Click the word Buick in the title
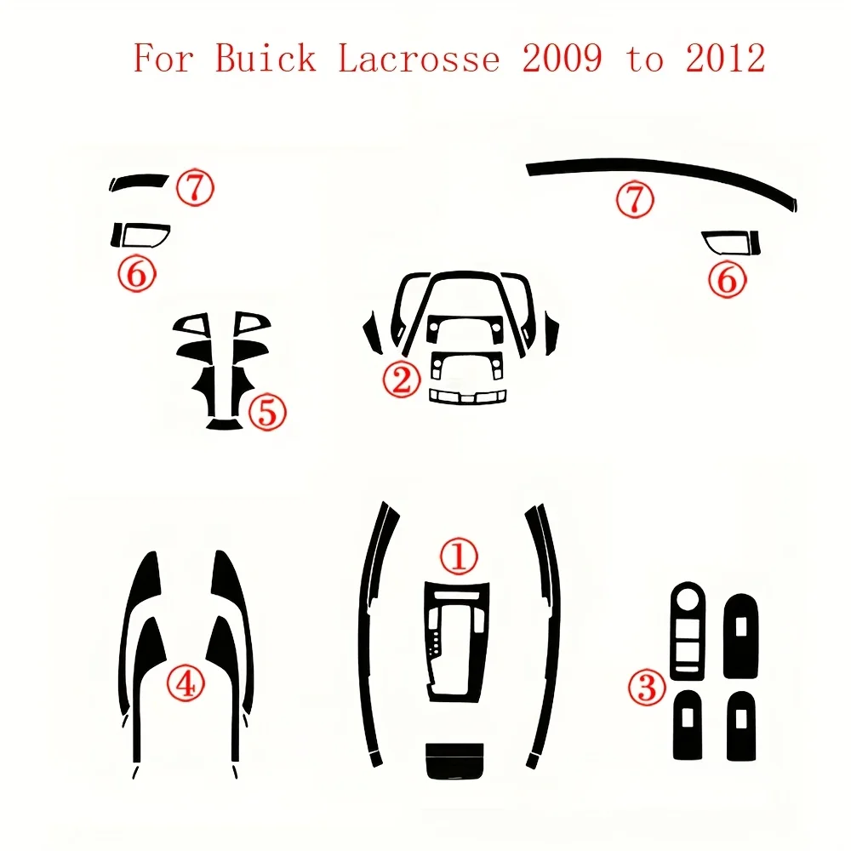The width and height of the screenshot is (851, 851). coord(266,59)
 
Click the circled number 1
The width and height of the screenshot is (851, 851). coord(458,557)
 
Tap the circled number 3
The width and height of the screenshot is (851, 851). coord(648,686)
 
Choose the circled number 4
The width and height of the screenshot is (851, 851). coord(185,683)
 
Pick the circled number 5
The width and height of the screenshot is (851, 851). coord(266,414)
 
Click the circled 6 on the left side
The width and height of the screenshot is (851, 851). coord(136,274)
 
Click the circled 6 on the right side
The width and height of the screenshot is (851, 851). coord(726,279)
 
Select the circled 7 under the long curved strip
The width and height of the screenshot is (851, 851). coord(635,201)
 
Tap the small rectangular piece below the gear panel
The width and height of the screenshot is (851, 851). coord(454,759)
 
